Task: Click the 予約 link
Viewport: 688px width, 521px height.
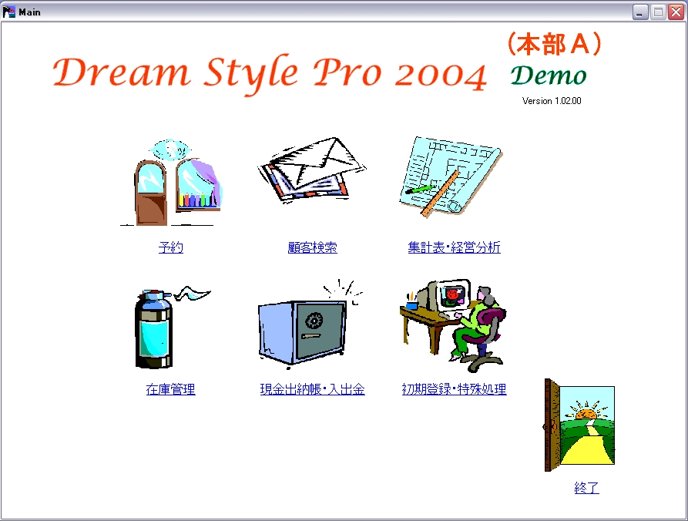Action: (171, 247)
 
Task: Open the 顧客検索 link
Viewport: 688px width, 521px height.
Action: (312, 247)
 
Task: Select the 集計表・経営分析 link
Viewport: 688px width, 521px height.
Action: (454, 247)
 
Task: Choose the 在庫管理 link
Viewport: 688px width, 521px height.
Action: (171, 389)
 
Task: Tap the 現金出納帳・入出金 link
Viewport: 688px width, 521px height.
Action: (312, 389)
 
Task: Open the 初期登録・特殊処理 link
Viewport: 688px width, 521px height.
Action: (454, 389)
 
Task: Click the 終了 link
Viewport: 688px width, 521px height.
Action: (586, 488)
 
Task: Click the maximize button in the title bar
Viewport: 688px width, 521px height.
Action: (658, 12)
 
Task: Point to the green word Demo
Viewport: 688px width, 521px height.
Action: (549, 76)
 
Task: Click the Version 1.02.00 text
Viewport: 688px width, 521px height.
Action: (552, 100)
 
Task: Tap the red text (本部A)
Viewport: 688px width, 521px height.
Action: (554, 44)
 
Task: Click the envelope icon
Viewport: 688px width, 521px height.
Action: (312, 170)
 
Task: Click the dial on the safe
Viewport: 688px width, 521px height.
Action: (314, 321)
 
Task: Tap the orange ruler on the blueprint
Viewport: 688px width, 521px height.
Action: (440, 193)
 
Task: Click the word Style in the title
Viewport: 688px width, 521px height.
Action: (251, 75)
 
